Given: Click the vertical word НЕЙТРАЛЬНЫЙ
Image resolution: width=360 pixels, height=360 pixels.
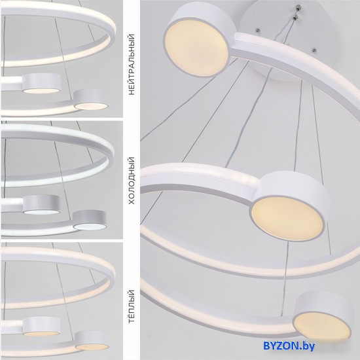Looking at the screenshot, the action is pos(132,65).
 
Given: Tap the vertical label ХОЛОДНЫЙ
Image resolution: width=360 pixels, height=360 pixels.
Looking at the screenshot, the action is pos(132,181).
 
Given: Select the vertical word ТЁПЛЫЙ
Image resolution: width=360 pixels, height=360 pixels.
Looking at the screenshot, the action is pos(132,306).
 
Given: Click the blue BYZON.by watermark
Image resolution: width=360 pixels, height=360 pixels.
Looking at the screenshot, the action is pos(289,346).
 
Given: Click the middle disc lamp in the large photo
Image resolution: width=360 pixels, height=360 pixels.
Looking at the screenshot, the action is pos(290,207).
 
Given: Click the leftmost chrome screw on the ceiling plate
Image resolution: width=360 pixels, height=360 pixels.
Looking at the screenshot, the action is pos(258,30).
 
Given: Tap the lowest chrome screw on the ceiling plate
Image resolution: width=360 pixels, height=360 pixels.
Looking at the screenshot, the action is pos(314,50).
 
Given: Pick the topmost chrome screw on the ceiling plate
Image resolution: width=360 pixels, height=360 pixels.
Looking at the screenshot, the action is pos(298,8).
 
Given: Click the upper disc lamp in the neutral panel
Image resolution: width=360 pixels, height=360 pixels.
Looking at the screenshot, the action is pos(41,83).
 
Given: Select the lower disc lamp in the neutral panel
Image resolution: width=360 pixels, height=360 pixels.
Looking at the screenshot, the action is pos(91,99).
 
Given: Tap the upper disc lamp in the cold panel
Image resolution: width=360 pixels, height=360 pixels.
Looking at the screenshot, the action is pos(41,205).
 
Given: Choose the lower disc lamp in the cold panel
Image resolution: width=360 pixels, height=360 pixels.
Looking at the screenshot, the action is pos(90,220).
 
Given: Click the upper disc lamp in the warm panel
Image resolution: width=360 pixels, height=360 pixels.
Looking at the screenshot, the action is pos(41,327).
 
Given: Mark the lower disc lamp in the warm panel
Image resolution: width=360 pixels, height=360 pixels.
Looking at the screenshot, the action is pos(92,340).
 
